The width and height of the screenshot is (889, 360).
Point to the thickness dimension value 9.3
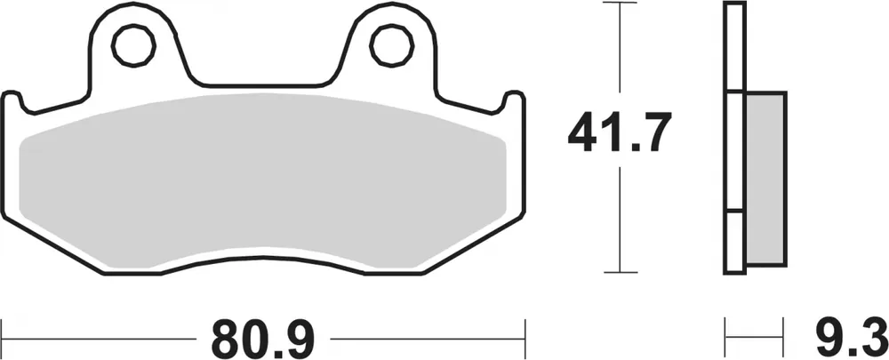point(852,337)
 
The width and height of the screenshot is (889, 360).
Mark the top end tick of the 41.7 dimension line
point(620,4)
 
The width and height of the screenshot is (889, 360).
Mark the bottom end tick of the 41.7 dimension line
point(620,272)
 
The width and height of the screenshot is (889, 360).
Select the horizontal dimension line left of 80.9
point(98,338)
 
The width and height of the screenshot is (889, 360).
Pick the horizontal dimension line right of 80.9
point(427,338)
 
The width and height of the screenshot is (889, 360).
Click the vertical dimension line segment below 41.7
point(620,222)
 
